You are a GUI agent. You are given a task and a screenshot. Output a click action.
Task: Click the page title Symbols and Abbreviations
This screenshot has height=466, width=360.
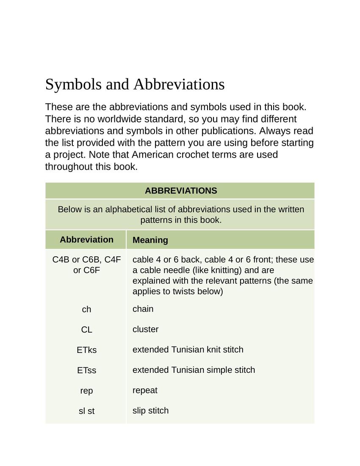135,84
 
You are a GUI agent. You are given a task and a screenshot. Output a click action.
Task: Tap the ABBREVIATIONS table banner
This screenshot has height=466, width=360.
181,191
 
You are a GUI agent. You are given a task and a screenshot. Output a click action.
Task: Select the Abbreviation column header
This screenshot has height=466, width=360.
86,240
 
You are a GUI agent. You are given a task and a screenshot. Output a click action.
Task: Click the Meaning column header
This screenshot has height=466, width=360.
150,240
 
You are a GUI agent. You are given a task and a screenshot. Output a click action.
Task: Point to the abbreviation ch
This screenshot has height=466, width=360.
86,310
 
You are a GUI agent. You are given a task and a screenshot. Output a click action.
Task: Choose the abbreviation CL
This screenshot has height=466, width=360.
86,330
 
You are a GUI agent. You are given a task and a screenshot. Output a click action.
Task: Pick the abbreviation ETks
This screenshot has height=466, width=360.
86,350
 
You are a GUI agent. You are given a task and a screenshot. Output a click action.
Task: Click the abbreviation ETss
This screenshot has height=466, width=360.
86,371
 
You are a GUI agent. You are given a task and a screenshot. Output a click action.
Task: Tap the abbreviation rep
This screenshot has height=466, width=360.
86,391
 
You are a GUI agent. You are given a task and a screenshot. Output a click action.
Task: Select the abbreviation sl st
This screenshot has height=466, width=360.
86,411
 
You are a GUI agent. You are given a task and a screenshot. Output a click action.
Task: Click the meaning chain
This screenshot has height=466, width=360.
143,309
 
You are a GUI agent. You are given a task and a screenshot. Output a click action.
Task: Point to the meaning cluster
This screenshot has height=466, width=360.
146,330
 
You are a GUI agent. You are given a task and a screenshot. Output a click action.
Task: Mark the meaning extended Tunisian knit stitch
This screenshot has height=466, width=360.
188,350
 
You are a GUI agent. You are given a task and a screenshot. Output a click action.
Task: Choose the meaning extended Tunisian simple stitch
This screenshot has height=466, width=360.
194,370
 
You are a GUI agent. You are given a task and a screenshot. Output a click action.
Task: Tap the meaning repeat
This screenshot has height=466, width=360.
145,391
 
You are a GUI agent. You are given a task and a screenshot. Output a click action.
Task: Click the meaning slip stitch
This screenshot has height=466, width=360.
151,411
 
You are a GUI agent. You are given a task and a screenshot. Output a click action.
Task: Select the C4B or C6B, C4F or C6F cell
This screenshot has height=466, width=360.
86,265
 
